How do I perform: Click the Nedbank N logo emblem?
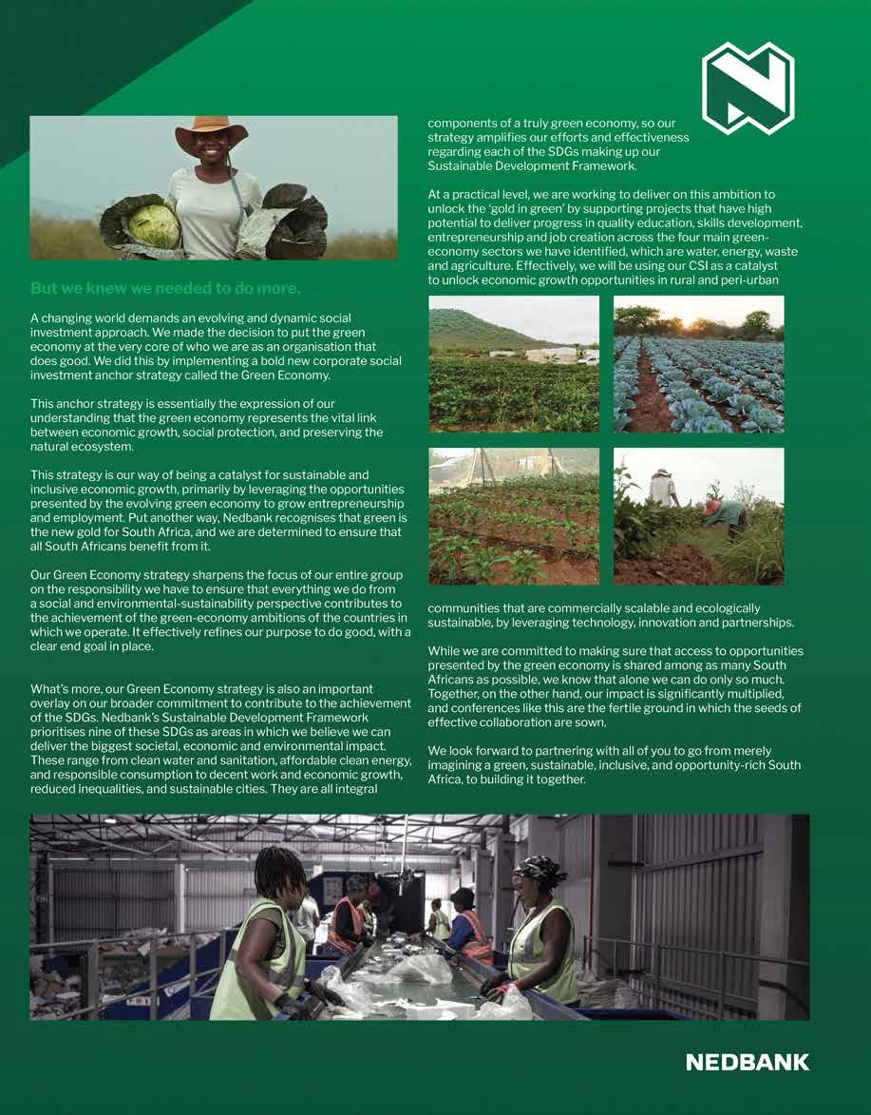click(x=748, y=87)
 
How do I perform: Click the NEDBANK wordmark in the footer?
click(x=748, y=1062)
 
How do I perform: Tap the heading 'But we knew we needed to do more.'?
click(x=165, y=288)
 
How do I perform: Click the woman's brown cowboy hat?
click(x=211, y=129)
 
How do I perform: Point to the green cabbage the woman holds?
click(x=154, y=226)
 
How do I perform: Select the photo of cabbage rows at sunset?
click(x=698, y=364)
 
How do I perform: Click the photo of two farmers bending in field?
click(x=698, y=516)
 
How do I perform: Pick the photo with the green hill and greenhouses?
click(x=514, y=364)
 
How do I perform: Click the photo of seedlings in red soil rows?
click(x=514, y=516)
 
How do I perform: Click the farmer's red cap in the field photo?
click(x=710, y=508)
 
